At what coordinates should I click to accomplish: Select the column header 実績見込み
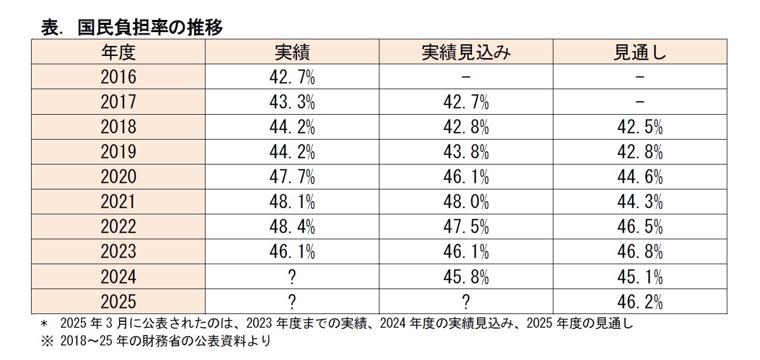point(466,52)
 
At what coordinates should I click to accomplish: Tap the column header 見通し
point(640,52)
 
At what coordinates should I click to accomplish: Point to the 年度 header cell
point(118,52)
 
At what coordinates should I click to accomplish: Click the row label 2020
point(118,177)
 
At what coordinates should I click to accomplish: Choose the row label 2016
point(118,77)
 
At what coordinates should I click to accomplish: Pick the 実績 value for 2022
point(292,227)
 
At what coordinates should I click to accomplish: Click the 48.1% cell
point(292,202)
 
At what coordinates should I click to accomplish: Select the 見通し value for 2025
point(640,301)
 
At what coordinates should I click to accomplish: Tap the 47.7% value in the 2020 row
point(292,177)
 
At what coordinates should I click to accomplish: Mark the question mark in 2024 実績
point(292,276)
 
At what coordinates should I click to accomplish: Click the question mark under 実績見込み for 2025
point(466,301)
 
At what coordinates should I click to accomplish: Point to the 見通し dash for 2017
point(640,102)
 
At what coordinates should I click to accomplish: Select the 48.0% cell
point(466,202)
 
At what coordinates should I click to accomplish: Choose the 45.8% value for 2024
point(466,276)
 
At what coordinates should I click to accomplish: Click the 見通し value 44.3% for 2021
point(640,202)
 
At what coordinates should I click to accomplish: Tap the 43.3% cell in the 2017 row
point(292,102)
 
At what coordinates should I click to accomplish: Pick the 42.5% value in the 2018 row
point(640,127)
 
